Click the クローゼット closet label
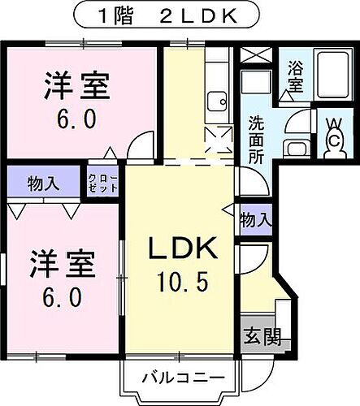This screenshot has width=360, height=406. pyautogui.click(x=103, y=182)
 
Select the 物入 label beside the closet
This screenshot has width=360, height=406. pyautogui.click(x=43, y=183)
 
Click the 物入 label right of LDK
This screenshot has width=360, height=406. pyautogui.click(x=256, y=219)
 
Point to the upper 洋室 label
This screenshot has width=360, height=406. pyautogui.click(x=76, y=85)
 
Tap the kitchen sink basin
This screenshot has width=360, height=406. pyautogui.click(x=216, y=101)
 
